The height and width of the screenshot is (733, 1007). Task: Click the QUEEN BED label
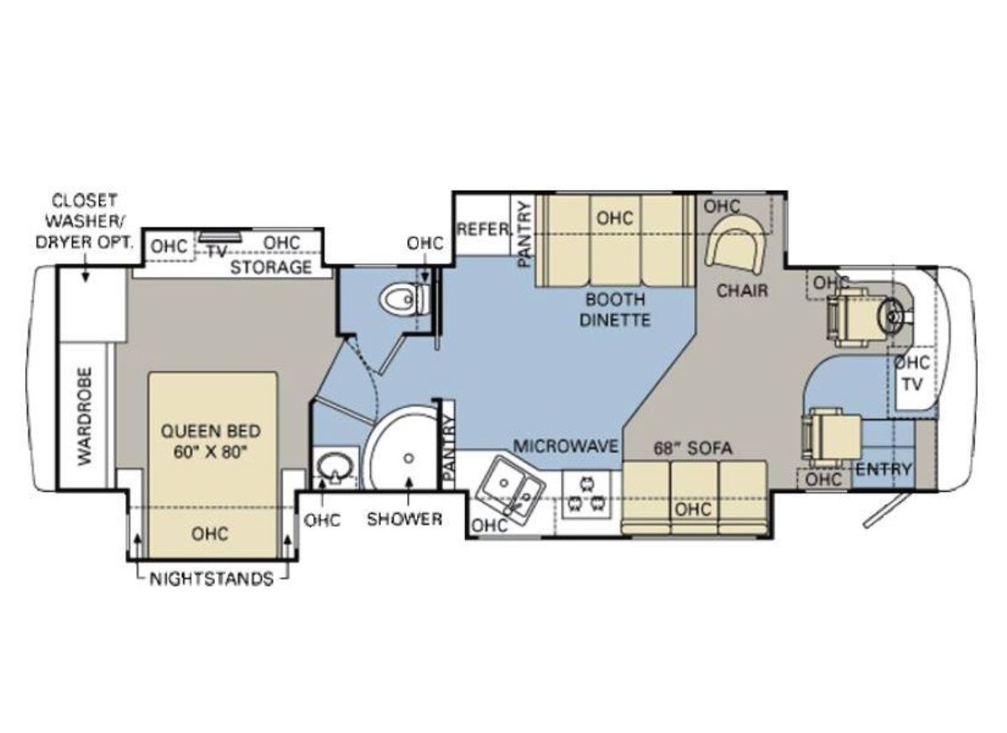(x=211, y=432)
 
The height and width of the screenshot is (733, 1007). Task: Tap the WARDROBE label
(x=85, y=416)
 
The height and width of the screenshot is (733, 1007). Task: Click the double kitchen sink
(x=511, y=491)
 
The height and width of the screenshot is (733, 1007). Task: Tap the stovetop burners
(x=586, y=495)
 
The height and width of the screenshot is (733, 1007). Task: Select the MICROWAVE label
(x=566, y=446)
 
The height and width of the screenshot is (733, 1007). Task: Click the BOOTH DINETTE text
(x=615, y=310)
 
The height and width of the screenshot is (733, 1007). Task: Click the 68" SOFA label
(x=693, y=448)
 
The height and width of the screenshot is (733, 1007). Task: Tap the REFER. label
(x=483, y=229)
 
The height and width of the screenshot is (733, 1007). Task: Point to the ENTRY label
(x=884, y=469)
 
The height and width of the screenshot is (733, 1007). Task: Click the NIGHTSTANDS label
(x=211, y=579)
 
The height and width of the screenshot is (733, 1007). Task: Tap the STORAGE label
(x=271, y=268)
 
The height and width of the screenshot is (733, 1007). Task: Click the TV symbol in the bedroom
(x=220, y=237)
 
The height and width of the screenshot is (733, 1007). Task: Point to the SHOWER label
(x=404, y=519)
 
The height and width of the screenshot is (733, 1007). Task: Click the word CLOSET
(x=85, y=201)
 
